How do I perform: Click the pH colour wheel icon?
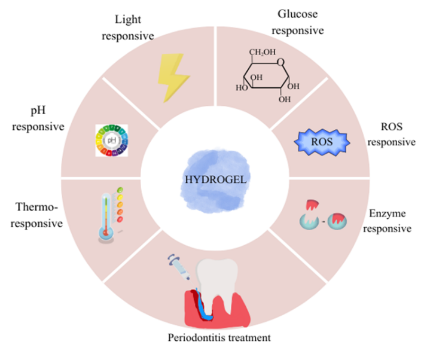click(x=112, y=141)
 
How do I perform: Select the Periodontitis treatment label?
click(x=219, y=338)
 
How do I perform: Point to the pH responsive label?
click(x=35, y=120)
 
